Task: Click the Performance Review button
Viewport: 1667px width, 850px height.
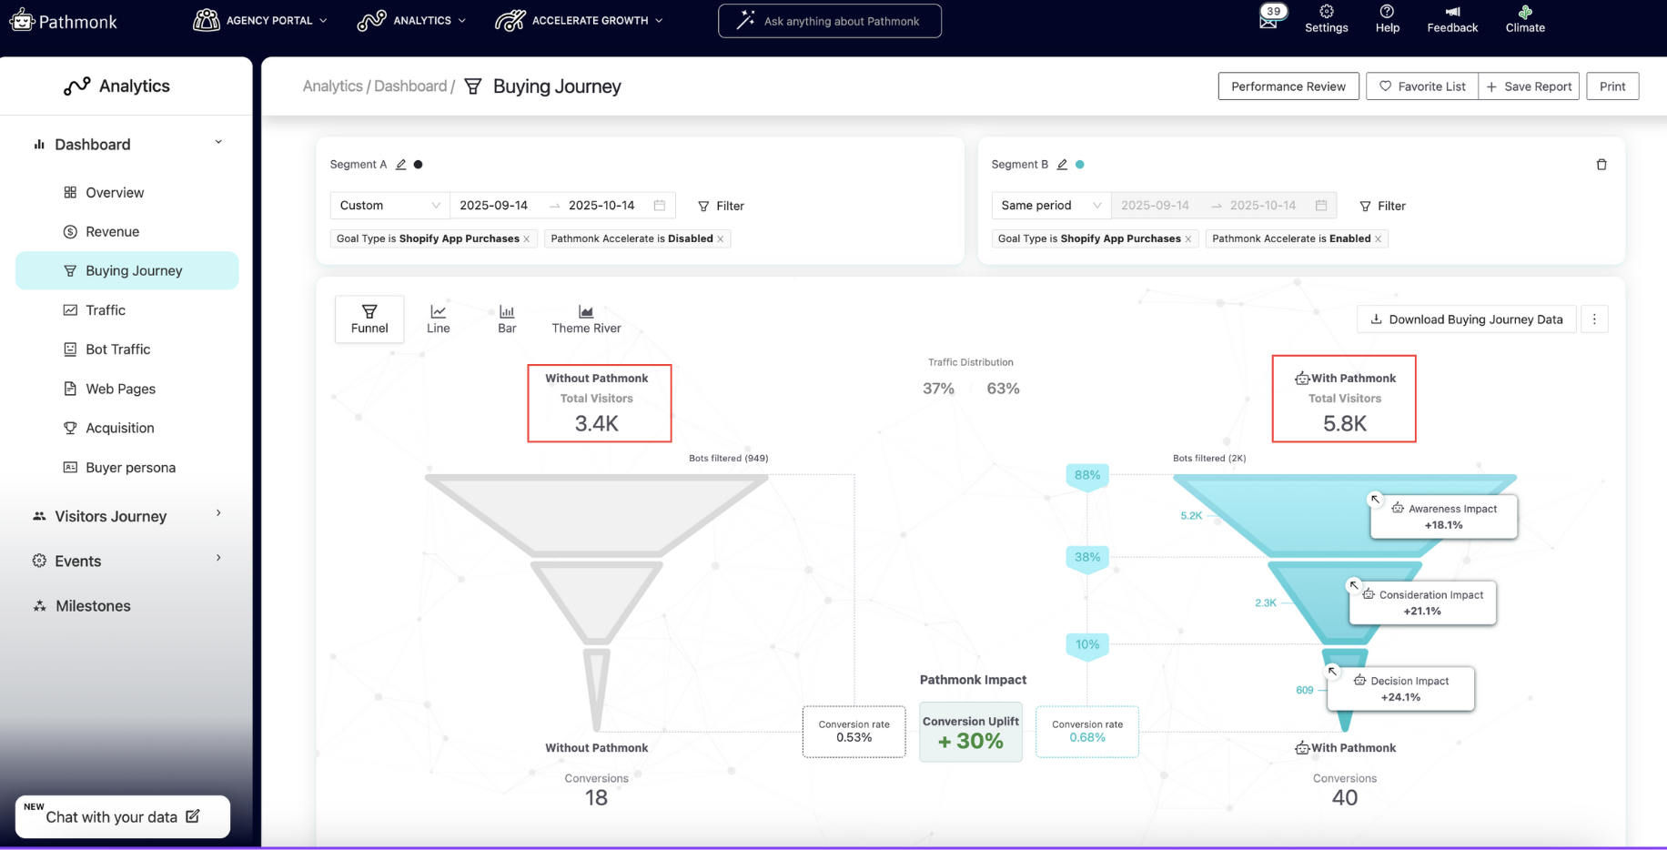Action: (x=1288, y=86)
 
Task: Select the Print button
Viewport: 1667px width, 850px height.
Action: (x=1611, y=86)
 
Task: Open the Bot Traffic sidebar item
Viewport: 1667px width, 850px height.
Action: (x=117, y=349)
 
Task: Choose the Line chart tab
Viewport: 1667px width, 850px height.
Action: (x=438, y=319)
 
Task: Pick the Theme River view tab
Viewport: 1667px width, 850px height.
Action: (x=586, y=319)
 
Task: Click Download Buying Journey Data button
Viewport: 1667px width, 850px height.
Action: (x=1466, y=319)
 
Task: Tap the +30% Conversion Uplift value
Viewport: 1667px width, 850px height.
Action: (x=971, y=741)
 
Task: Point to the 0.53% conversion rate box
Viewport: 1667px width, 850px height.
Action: (x=854, y=732)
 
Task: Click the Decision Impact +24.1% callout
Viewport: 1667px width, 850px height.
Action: (x=1400, y=689)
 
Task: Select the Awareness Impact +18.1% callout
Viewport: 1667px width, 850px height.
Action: (x=1443, y=517)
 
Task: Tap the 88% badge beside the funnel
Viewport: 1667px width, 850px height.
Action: (x=1087, y=475)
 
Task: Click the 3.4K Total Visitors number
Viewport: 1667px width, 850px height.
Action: (x=597, y=423)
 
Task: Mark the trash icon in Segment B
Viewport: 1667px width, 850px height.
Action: (x=1601, y=165)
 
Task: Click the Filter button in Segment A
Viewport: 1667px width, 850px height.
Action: (x=721, y=206)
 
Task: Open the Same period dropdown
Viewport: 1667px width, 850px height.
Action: (x=1050, y=206)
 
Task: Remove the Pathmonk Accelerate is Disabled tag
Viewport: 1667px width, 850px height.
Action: (x=721, y=239)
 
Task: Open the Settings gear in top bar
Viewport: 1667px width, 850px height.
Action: (x=1326, y=19)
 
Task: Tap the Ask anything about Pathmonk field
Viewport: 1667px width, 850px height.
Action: (x=830, y=21)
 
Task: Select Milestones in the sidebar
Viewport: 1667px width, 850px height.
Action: (x=93, y=606)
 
